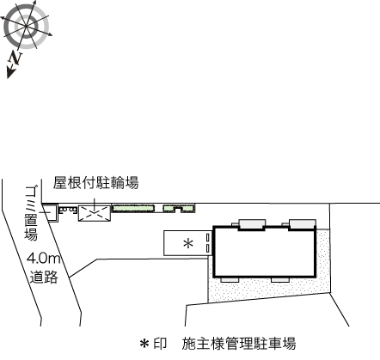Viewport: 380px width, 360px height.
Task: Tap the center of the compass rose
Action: pyautogui.click(x=27, y=27)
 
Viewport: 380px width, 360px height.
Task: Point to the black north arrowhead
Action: pyautogui.click(x=10, y=73)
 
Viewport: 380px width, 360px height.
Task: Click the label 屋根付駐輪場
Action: pyautogui.click(x=95, y=183)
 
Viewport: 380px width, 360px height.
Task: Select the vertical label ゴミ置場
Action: pyautogui.click(x=31, y=213)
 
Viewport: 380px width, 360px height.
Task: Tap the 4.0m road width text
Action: pyautogui.click(x=44, y=259)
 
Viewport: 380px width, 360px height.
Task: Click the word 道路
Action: pyautogui.click(x=44, y=277)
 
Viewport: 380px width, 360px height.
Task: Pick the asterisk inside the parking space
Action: pyautogui.click(x=188, y=243)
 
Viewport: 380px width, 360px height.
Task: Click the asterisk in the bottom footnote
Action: pyautogui.click(x=144, y=344)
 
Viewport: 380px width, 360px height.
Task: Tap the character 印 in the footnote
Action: pyautogui.click(x=160, y=344)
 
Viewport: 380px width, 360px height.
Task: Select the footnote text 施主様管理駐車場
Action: pyautogui.click(x=239, y=344)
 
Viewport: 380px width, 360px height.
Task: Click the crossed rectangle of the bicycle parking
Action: pyautogui.click(x=95, y=213)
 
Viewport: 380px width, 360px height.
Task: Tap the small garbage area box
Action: pyautogui.click(x=51, y=212)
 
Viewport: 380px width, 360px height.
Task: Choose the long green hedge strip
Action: pyautogui.click(x=133, y=208)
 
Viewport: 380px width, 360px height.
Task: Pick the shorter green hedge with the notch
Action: pyautogui.click(x=179, y=208)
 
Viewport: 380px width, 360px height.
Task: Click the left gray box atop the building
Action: pyautogui.click(x=252, y=224)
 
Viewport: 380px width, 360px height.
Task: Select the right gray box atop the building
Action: pyautogui.click(x=303, y=224)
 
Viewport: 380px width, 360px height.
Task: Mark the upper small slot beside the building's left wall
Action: pyautogui.click(x=208, y=237)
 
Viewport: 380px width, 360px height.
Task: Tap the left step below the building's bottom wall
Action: pyautogui.click(x=230, y=280)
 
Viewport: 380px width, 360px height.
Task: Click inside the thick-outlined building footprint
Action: pyautogui.click(x=264, y=252)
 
